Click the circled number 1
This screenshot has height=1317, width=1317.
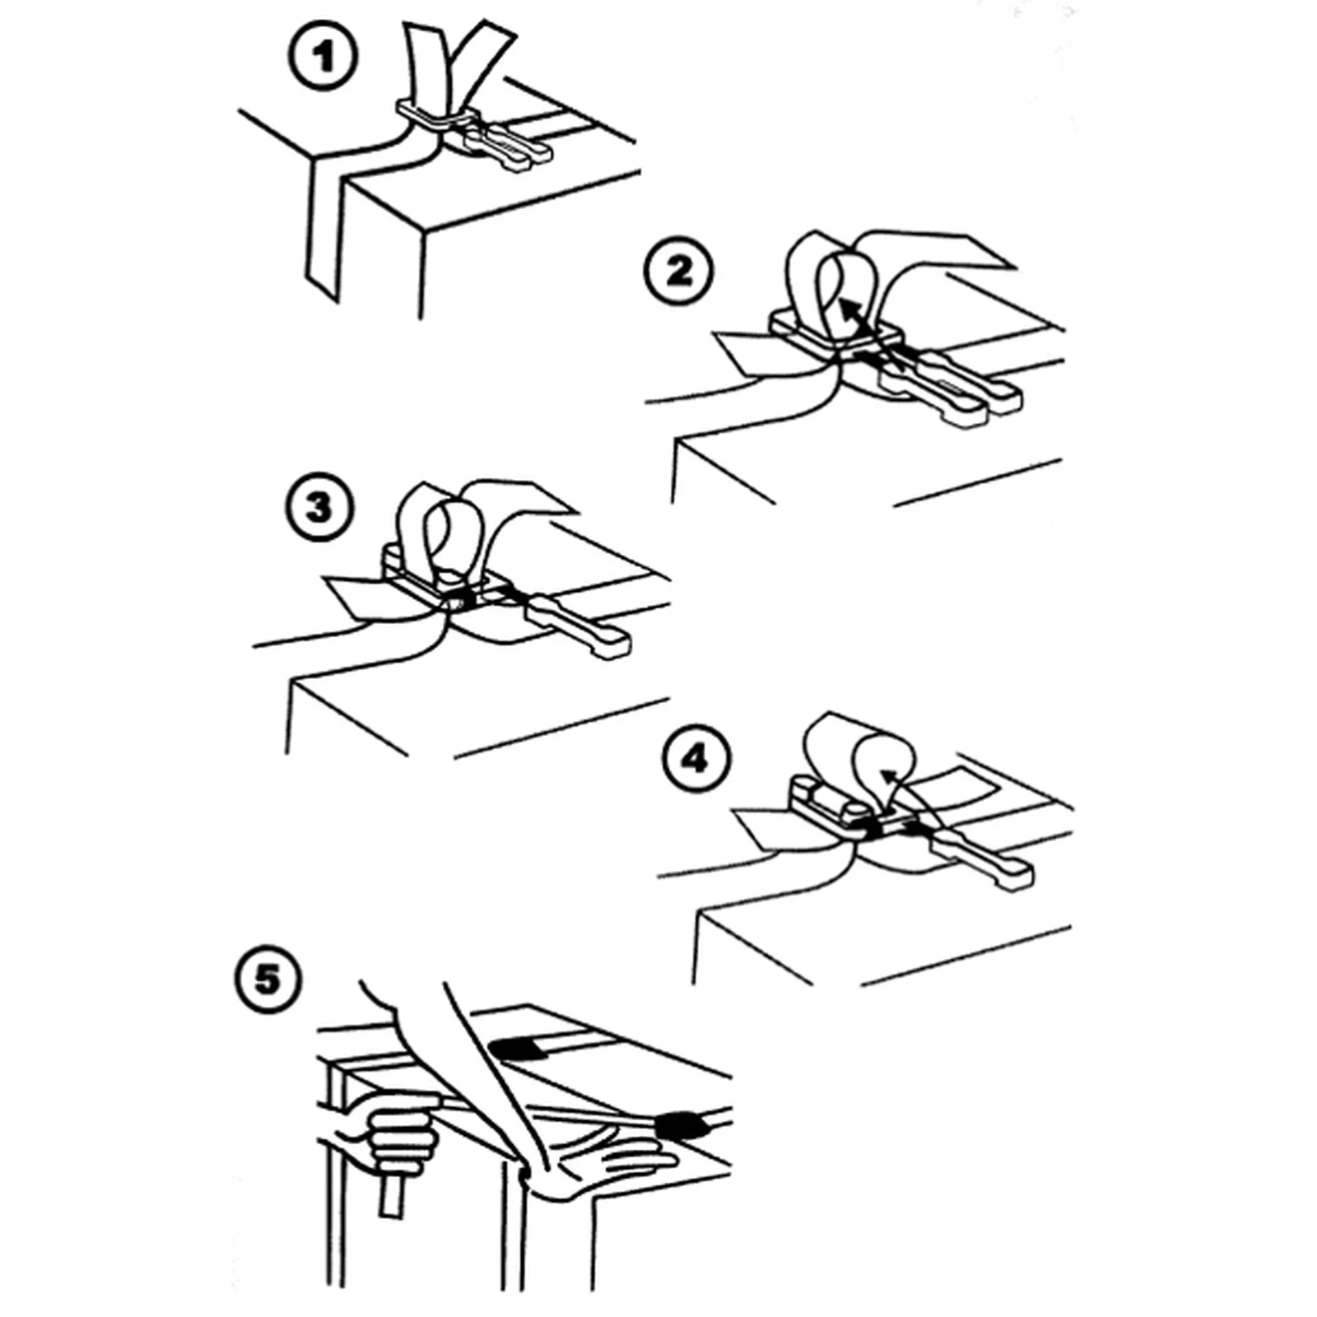323,56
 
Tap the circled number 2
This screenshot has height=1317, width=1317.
677,271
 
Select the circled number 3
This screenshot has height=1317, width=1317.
320,507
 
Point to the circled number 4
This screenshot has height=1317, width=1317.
696,758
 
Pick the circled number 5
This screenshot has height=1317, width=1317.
267,980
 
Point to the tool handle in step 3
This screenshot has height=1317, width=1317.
576,626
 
